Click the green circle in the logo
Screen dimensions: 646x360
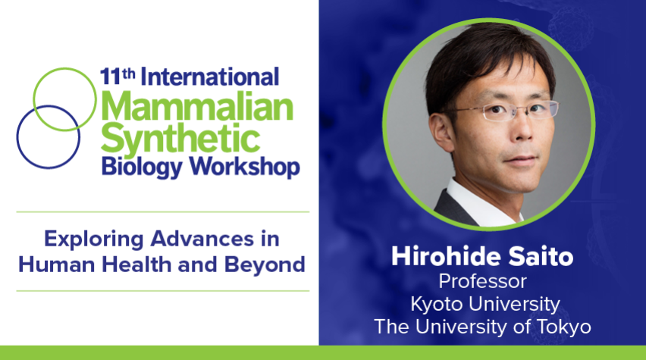[64, 69]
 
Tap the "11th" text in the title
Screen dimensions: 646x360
[118, 77]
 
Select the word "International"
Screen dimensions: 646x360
[210, 77]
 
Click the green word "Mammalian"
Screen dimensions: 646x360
[197, 107]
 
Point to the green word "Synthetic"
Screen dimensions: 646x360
[180, 139]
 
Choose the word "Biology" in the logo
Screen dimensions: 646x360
[142, 167]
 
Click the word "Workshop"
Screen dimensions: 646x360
[244, 167]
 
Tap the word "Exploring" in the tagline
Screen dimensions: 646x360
[94, 239]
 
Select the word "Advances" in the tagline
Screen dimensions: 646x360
[202, 239]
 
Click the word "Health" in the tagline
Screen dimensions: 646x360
[136, 265]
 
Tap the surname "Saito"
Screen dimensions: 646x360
[541, 256]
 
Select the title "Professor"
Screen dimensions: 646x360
[482, 282]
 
